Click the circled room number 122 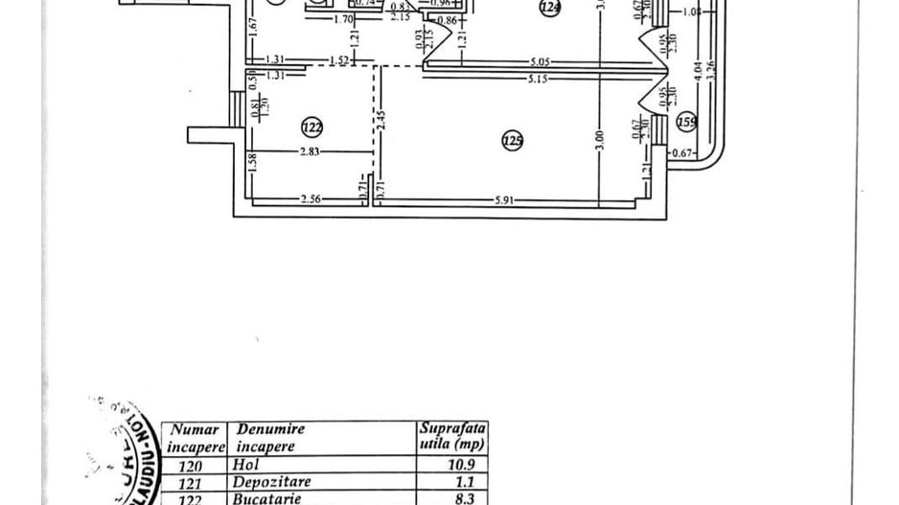click(311, 126)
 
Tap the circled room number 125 click(513, 142)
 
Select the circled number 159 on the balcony click(686, 122)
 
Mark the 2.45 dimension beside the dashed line click(380, 123)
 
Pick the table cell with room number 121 click(192, 481)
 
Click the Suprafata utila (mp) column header click(450, 437)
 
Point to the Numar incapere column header click(196, 438)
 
